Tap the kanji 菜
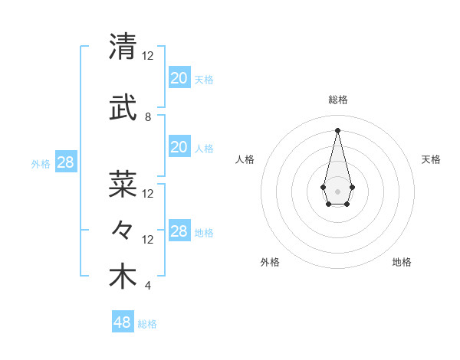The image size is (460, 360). coord(123,184)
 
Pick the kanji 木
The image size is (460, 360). coord(123,277)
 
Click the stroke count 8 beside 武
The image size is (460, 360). coord(148,117)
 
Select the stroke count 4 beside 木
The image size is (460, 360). coord(148,286)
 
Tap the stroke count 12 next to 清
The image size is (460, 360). coord(148,56)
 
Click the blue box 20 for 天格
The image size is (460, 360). coord(179,77)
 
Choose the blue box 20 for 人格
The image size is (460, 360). coord(179,147)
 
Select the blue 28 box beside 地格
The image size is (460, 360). coord(179,231)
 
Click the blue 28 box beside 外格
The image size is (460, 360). coord(65,162)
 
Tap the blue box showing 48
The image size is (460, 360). coord(123,322)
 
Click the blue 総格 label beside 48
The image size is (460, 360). coord(147,324)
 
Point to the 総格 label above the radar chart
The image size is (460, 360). coord(337,100)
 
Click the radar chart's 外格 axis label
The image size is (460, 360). coord(270,262)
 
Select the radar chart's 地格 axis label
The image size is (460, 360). coord(402,262)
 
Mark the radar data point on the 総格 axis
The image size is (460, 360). coord(337,129)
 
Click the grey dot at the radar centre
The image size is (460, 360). coord(337,190)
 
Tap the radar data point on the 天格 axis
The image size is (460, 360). coord(352,187)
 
